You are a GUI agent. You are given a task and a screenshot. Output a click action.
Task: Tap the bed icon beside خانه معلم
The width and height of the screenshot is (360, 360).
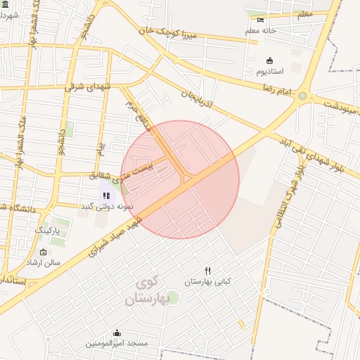pos(261,20)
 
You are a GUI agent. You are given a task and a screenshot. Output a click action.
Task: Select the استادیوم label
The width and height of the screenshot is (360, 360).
pos(269,72)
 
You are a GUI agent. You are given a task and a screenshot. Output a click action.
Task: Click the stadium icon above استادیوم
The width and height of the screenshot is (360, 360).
pos(269,60)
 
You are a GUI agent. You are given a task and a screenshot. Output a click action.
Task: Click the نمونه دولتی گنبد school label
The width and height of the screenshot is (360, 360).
pos(95,206)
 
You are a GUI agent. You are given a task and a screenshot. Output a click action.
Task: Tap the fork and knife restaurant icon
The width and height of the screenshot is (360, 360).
pos(207,271)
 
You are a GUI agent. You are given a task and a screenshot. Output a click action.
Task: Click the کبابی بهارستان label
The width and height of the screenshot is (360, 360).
pos(208,281)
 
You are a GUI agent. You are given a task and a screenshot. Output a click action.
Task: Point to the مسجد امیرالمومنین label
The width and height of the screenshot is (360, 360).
pos(117,343)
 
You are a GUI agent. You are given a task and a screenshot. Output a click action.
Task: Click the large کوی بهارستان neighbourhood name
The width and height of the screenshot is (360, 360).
pos(148,291)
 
